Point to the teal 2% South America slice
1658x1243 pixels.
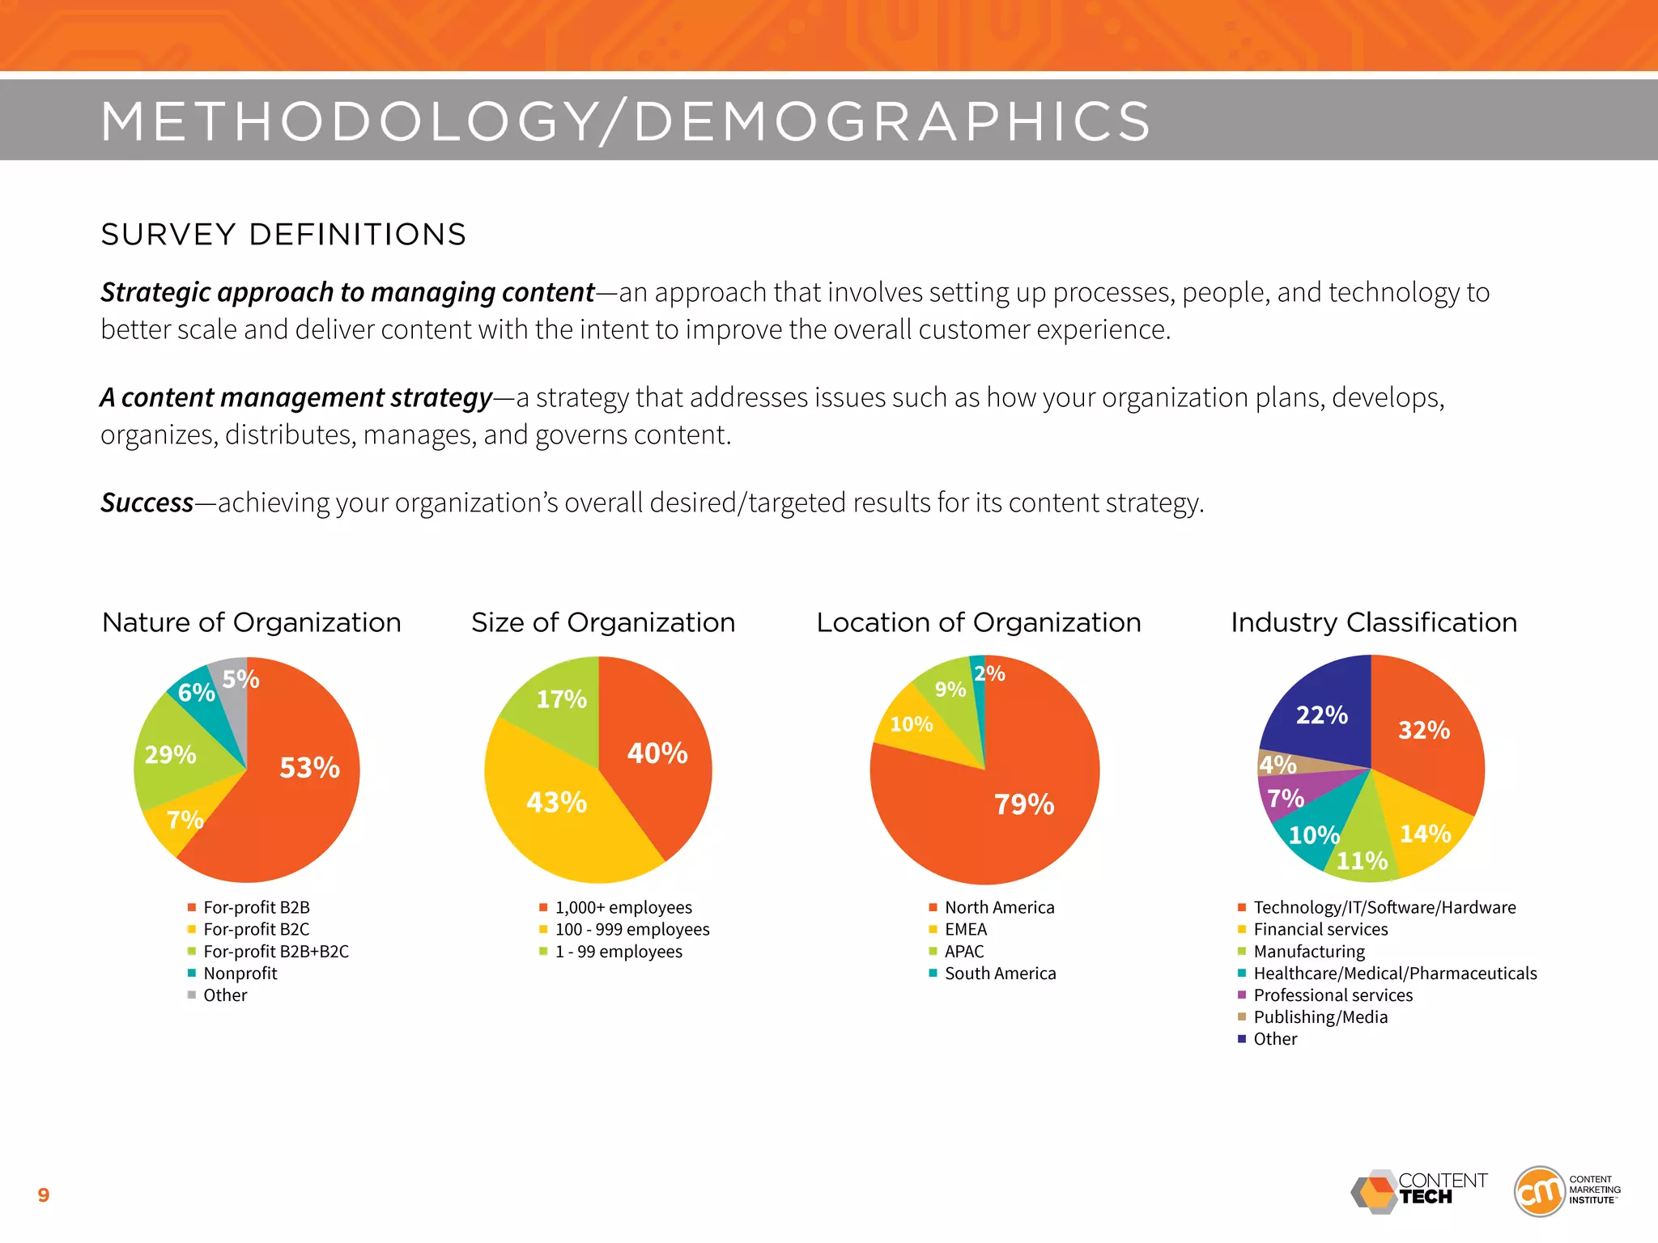pyautogui.click(x=980, y=696)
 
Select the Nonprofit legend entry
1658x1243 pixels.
pyautogui.click(x=240, y=974)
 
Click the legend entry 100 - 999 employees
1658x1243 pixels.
pyautogui.click(x=631, y=930)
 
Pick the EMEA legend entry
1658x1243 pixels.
pyautogui.click(x=965, y=930)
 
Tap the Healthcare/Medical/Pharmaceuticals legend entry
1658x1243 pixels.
pyautogui.click(x=1394, y=974)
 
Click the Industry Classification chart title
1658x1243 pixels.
pyautogui.click(x=1374, y=622)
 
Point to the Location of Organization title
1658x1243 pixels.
pyautogui.click(x=978, y=622)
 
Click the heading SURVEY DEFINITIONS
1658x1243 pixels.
pyautogui.click(x=283, y=235)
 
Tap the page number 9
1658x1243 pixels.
pyautogui.click(x=44, y=1195)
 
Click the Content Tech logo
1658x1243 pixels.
pyautogui.click(x=1418, y=1191)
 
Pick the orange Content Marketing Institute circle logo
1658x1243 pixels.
pyautogui.click(x=1539, y=1191)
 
